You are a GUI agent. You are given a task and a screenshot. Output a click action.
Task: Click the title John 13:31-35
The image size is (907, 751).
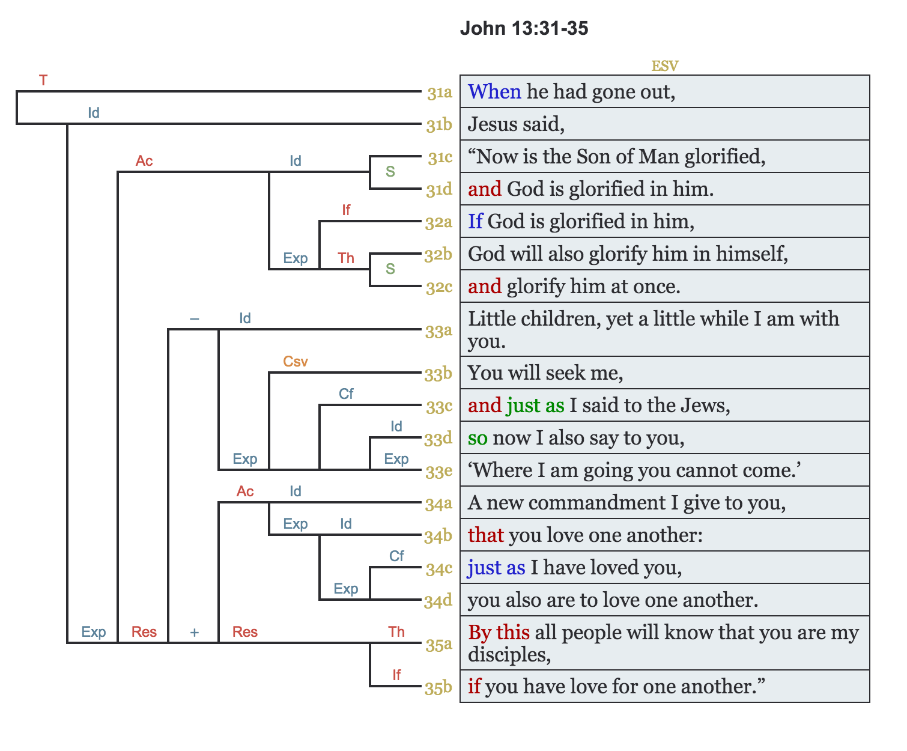pyautogui.click(x=524, y=28)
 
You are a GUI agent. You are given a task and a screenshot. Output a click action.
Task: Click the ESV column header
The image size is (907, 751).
pyautogui.click(x=664, y=66)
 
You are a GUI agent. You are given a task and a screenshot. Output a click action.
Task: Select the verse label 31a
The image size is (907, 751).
pyautogui.click(x=440, y=93)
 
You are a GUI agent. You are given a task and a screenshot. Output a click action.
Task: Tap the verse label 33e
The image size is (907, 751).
pyautogui.click(x=439, y=472)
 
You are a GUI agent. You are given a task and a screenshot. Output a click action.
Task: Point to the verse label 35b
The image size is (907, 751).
pyautogui.click(x=438, y=688)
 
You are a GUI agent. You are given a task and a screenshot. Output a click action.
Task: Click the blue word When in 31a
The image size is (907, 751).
pyautogui.click(x=494, y=91)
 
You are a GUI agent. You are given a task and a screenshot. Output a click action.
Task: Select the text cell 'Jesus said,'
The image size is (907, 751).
pyautogui.click(x=517, y=124)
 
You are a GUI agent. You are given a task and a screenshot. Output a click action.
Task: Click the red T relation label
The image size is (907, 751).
pyautogui.click(x=43, y=80)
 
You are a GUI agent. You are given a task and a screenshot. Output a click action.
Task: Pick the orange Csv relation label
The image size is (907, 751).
pyautogui.click(x=296, y=362)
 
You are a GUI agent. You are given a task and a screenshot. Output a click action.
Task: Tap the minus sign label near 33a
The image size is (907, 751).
pyautogui.click(x=194, y=318)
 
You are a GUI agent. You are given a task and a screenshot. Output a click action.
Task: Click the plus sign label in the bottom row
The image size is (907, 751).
pyautogui.click(x=194, y=632)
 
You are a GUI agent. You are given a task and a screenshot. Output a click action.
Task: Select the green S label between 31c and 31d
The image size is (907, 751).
pyautogui.click(x=390, y=172)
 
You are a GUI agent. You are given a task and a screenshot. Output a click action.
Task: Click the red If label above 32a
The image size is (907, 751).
pyautogui.click(x=346, y=210)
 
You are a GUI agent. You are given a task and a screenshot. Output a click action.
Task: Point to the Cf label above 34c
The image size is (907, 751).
pyautogui.click(x=396, y=556)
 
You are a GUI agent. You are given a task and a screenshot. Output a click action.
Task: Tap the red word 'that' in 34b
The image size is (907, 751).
pyautogui.click(x=485, y=535)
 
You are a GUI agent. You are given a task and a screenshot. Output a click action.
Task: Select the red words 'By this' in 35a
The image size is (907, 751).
pyautogui.click(x=499, y=632)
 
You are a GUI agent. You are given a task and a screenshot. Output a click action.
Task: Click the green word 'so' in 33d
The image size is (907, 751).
pyautogui.click(x=478, y=438)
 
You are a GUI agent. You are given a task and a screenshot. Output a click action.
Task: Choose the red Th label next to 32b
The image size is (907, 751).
pyautogui.click(x=346, y=258)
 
